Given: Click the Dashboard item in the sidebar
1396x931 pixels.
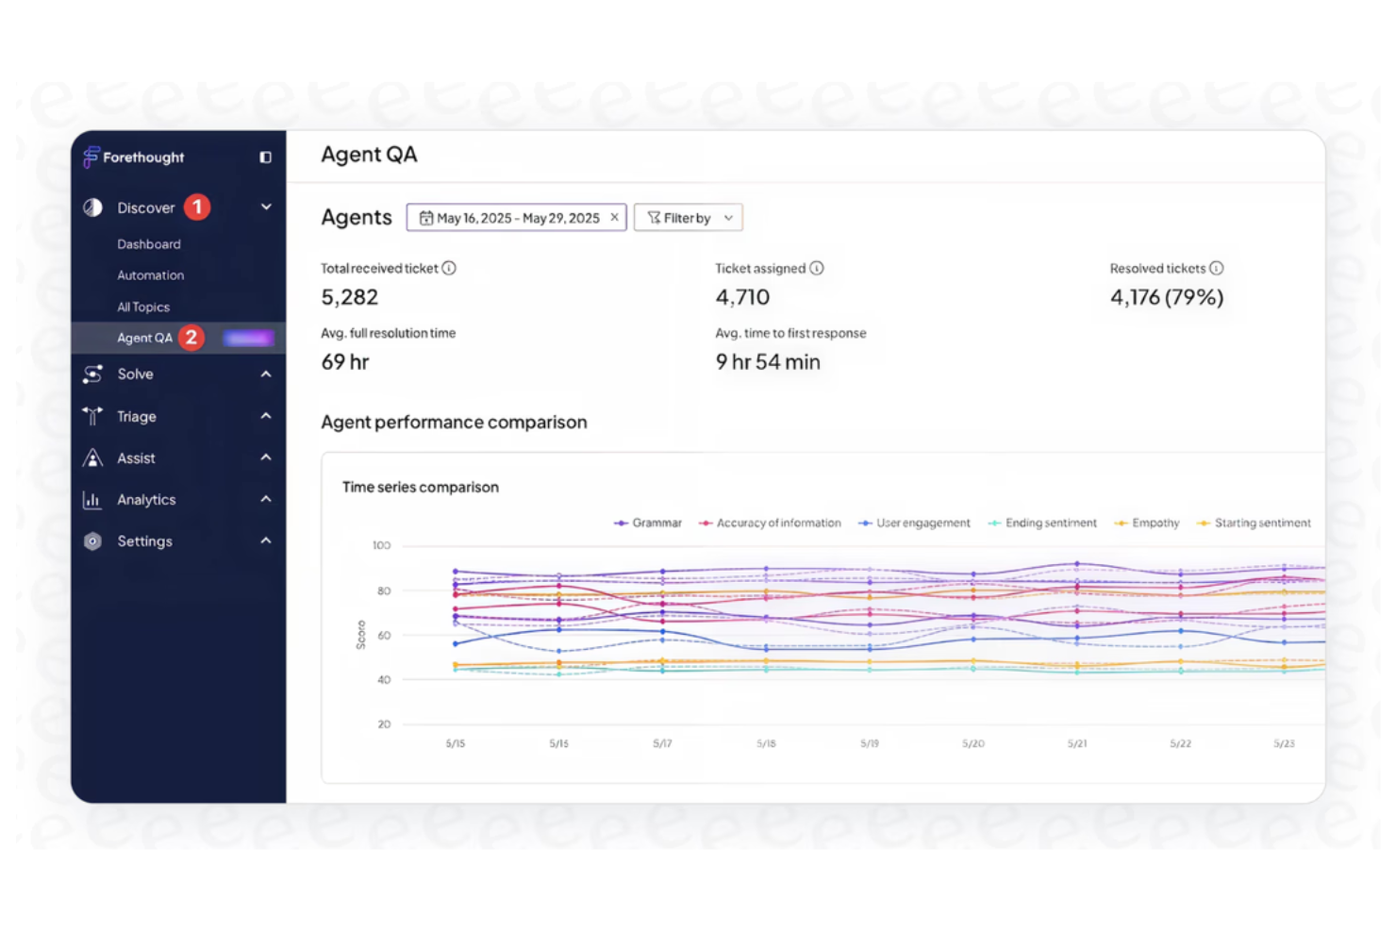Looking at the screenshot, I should click(x=148, y=244).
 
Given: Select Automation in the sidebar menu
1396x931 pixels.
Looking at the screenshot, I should click(x=150, y=275).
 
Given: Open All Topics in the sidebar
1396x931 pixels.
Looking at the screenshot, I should click(x=143, y=308).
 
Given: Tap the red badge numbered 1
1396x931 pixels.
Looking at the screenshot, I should click(x=197, y=207).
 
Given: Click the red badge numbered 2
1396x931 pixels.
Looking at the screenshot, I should click(x=191, y=338).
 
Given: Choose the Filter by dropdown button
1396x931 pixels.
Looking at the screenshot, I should click(x=689, y=218).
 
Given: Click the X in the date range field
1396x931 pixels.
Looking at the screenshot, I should click(x=614, y=217).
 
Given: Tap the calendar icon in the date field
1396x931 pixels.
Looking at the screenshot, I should click(x=426, y=218).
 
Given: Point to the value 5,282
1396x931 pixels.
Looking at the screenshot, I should click(x=350, y=297).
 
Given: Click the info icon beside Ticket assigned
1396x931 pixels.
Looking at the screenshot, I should click(x=817, y=268).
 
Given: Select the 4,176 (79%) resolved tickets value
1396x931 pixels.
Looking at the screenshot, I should click(x=1167, y=297).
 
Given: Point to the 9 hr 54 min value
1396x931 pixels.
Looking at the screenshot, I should click(x=768, y=362).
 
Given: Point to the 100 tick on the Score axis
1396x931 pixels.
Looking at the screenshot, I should click(x=381, y=545).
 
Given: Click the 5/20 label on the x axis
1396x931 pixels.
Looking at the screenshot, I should click(x=972, y=743).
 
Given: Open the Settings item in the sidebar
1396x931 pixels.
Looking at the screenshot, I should click(x=144, y=541).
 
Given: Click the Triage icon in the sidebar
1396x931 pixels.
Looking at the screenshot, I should click(x=92, y=416).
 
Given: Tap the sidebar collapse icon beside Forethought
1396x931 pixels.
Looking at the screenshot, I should click(x=266, y=158).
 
